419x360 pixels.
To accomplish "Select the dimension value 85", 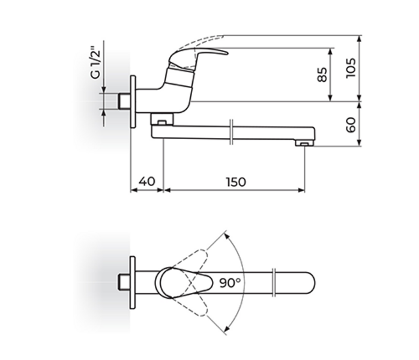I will tap(322, 74).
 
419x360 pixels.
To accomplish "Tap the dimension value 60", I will tap(352, 124).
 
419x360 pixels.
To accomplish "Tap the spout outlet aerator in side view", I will tap(304, 143).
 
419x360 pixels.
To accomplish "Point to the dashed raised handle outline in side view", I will tap(198, 40).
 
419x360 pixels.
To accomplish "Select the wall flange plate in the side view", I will tap(134, 101).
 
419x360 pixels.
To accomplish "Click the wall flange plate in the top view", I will tap(133, 281).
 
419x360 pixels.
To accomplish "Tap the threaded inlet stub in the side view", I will tap(124, 101).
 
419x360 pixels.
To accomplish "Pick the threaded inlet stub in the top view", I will tap(124, 281).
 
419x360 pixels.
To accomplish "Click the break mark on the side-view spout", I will tap(232, 133).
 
